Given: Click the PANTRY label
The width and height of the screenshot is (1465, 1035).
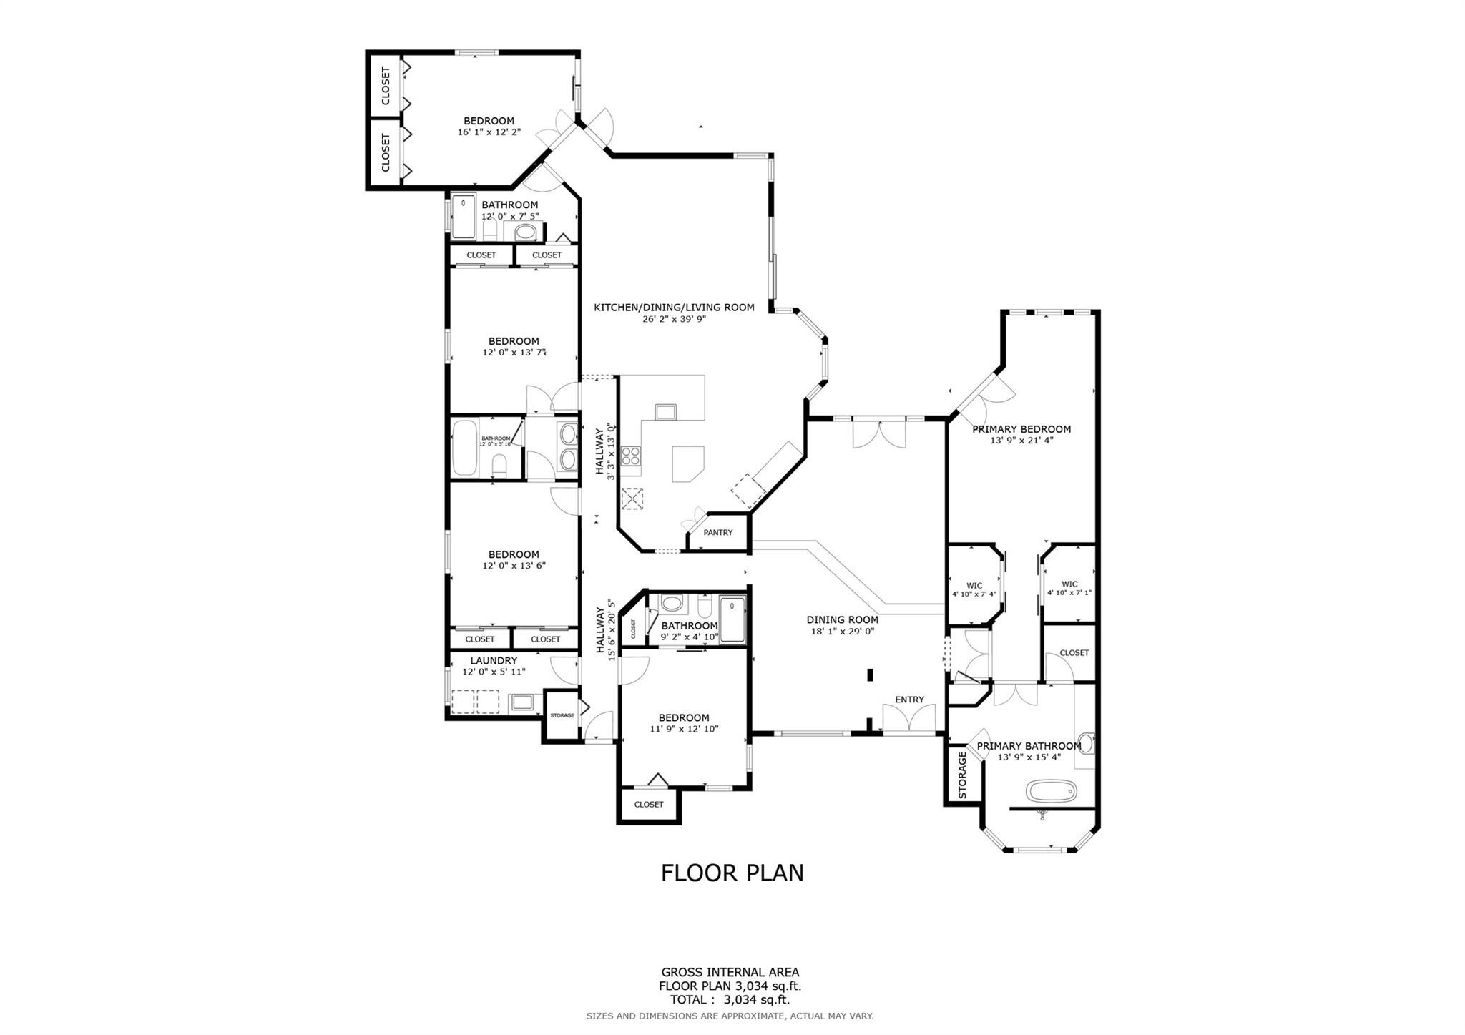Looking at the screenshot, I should pos(717,532).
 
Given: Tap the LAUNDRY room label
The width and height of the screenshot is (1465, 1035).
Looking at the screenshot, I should pos(493,661).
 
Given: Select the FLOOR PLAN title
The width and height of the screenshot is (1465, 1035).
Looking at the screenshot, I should pos(732,873).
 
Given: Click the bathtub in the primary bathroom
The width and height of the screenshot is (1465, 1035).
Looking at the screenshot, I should pos(1051,791).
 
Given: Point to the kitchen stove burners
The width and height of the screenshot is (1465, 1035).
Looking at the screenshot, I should pos(631,456).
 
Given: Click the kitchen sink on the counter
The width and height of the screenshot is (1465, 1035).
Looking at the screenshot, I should pos(665,412).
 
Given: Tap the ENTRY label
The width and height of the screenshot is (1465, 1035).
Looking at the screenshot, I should pos(909,700).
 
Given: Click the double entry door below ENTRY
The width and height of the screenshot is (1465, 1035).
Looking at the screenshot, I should pos(908,718).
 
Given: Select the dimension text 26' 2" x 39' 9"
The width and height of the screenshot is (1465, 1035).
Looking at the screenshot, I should pos(674,319).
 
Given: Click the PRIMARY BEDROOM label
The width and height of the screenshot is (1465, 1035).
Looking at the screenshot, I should pos(1021,429).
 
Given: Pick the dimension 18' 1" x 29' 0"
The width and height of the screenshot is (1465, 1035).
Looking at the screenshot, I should pos(842,631).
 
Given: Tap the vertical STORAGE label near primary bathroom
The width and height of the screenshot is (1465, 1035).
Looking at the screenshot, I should pos(962,775).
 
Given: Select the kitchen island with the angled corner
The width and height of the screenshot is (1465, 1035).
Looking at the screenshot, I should pos(687,463).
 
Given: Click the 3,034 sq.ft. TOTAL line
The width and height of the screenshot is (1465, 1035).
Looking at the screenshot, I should pos(730,1000).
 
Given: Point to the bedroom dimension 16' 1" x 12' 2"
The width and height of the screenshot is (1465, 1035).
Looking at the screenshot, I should pos(489,132).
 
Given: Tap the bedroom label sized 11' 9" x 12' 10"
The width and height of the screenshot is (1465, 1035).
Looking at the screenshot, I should pos(684,717).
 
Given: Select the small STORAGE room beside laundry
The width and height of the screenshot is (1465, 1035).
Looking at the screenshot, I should pos(562,715).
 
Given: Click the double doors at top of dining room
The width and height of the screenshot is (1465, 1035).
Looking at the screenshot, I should pos(879,433).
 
